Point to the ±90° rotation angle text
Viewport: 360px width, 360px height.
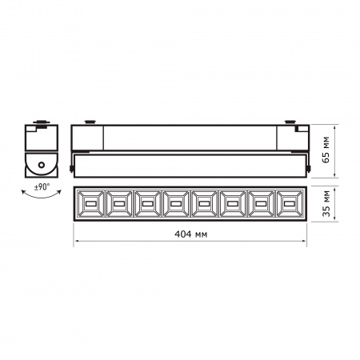click(x=42, y=189)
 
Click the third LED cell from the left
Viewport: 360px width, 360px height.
click(x=146, y=206)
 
